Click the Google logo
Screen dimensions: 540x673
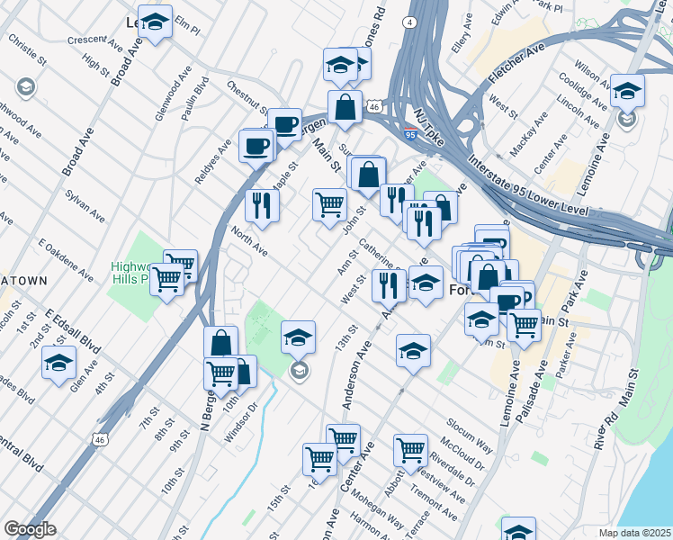pyautogui.click(x=30, y=529)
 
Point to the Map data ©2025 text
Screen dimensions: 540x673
pyautogui.click(x=635, y=533)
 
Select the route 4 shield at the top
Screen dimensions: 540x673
pyautogui.click(x=410, y=21)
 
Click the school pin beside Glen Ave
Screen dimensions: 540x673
pyautogui.click(x=59, y=363)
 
